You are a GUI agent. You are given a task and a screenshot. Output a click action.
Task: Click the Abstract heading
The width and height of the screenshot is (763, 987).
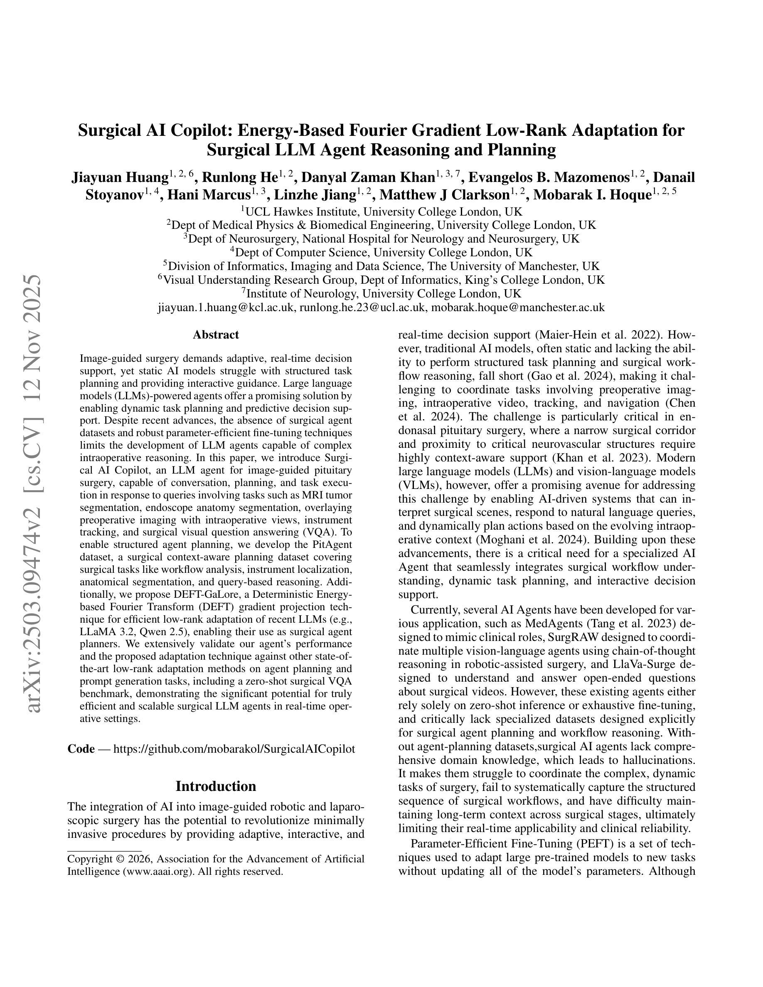(216, 335)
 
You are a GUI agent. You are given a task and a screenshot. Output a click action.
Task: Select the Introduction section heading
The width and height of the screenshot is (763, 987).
(216, 786)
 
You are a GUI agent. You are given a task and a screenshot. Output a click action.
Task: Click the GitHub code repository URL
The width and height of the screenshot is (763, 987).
(234, 749)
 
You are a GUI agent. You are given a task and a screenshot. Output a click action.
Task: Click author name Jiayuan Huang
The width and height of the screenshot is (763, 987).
(120, 177)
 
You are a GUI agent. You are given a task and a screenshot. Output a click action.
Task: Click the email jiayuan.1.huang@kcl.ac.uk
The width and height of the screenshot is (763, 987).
(226, 308)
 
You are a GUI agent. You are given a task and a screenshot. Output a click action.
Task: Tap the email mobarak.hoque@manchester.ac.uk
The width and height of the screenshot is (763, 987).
(518, 308)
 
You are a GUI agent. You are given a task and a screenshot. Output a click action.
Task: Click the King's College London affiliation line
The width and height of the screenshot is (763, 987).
(381, 280)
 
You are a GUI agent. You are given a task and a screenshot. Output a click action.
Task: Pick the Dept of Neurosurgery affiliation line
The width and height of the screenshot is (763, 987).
(381, 238)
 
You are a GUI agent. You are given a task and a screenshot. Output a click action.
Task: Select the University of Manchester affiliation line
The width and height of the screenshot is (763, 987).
(381, 266)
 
